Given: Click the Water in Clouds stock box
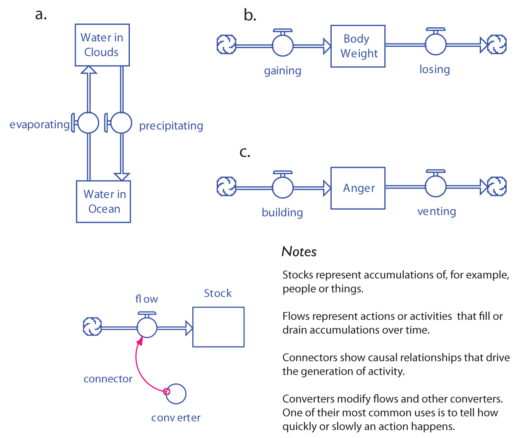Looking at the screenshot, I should tap(102, 45).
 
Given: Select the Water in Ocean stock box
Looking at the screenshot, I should tap(103, 201).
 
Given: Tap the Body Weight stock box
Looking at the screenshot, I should tap(358, 46).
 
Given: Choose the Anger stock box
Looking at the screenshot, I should tap(358, 188).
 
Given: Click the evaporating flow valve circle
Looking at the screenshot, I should tap(89, 123).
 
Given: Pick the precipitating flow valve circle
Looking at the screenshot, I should tap(121, 123).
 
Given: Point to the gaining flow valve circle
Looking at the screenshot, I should tap(283, 45).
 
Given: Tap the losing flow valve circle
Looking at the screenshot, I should tap(435, 44).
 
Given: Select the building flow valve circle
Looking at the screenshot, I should tap(283, 187).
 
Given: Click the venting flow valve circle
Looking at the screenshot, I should tap(435, 187).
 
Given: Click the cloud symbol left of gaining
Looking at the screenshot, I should tap(227, 45).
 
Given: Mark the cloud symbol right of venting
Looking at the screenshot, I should tap(497, 187).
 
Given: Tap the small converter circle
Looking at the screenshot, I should tap(176, 394).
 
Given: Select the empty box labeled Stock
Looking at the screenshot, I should tap(218, 327).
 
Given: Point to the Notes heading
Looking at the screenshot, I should tap(299, 251).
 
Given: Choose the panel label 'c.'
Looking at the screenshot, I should tap(245, 153).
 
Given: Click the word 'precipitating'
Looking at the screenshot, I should tap(171, 126).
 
